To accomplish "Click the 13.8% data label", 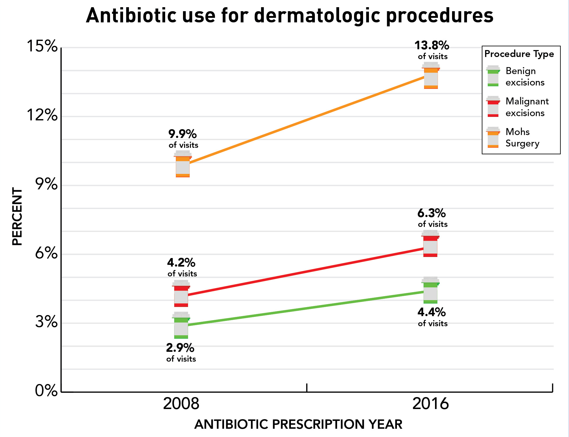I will pyautogui.click(x=432, y=46).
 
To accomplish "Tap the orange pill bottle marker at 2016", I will pyautogui.click(x=431, y=76).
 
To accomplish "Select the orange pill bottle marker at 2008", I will pyautogui.click(x=182, y=164).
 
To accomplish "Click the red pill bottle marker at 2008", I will pyautogui.click(x=181, y=293).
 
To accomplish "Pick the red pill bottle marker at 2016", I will pyautogui.click(x=430, y=244).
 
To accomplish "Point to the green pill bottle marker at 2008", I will pyautogui.click(x=181, y=325).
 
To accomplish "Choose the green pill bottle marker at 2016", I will pyautogui.click(x=430, y=290).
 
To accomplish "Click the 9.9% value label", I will pyautogui.click(x=182, y=134).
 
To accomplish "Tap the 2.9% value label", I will pyautogui.click(x=180, y=348).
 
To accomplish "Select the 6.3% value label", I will pyautogui.click(x=431, y=213).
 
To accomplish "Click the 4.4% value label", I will pyautogui.click(x=431, y=312).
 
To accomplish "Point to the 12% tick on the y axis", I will pyautogui.click(x=42, y=115).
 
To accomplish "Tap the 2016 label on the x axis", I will pyautogui.click(x=430, y=404).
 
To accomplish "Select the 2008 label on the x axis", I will pyautogui.click(x=181, y=404).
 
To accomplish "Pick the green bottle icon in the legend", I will pyautogui.click(x=493, y=76).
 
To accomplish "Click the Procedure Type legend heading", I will pyautogui.click(x=519, y=54).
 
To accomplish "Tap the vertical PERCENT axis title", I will pyautogui.click(x=17, y=216).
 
